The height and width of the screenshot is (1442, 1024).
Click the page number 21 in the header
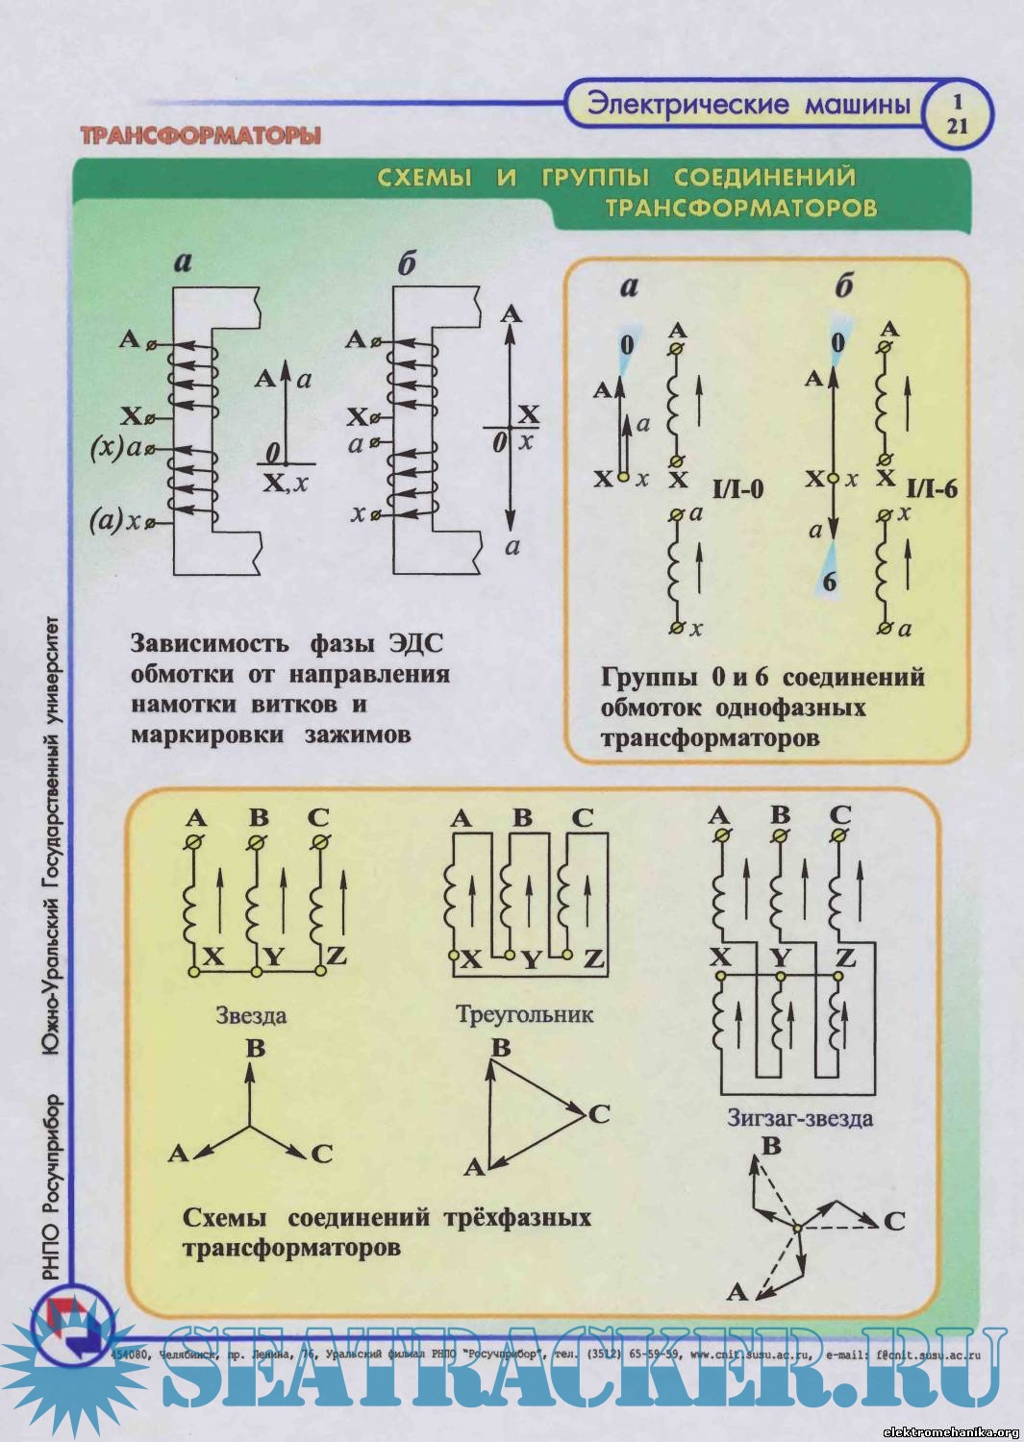(957, 125)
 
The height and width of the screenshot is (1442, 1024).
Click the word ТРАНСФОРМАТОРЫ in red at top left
(200, 136)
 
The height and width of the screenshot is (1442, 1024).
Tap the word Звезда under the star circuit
(251, 1015)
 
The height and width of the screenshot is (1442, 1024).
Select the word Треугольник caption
(525, 1014)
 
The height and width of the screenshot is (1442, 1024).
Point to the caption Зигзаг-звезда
(800, 1118)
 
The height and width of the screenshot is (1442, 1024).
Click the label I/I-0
(737, 489)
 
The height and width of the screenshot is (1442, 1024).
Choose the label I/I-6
(932, 488)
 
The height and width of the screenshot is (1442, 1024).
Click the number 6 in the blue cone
(829, 582)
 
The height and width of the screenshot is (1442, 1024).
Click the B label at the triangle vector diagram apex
(500, 1046)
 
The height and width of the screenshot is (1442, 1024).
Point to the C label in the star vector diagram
(322, 1153)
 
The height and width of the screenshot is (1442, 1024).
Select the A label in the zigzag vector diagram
(737, 1292)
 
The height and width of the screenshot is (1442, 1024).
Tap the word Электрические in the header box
(687, 105)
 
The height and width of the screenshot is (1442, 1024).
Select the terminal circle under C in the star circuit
(319, 842)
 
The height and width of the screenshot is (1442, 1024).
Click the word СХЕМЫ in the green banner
(424, 178)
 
